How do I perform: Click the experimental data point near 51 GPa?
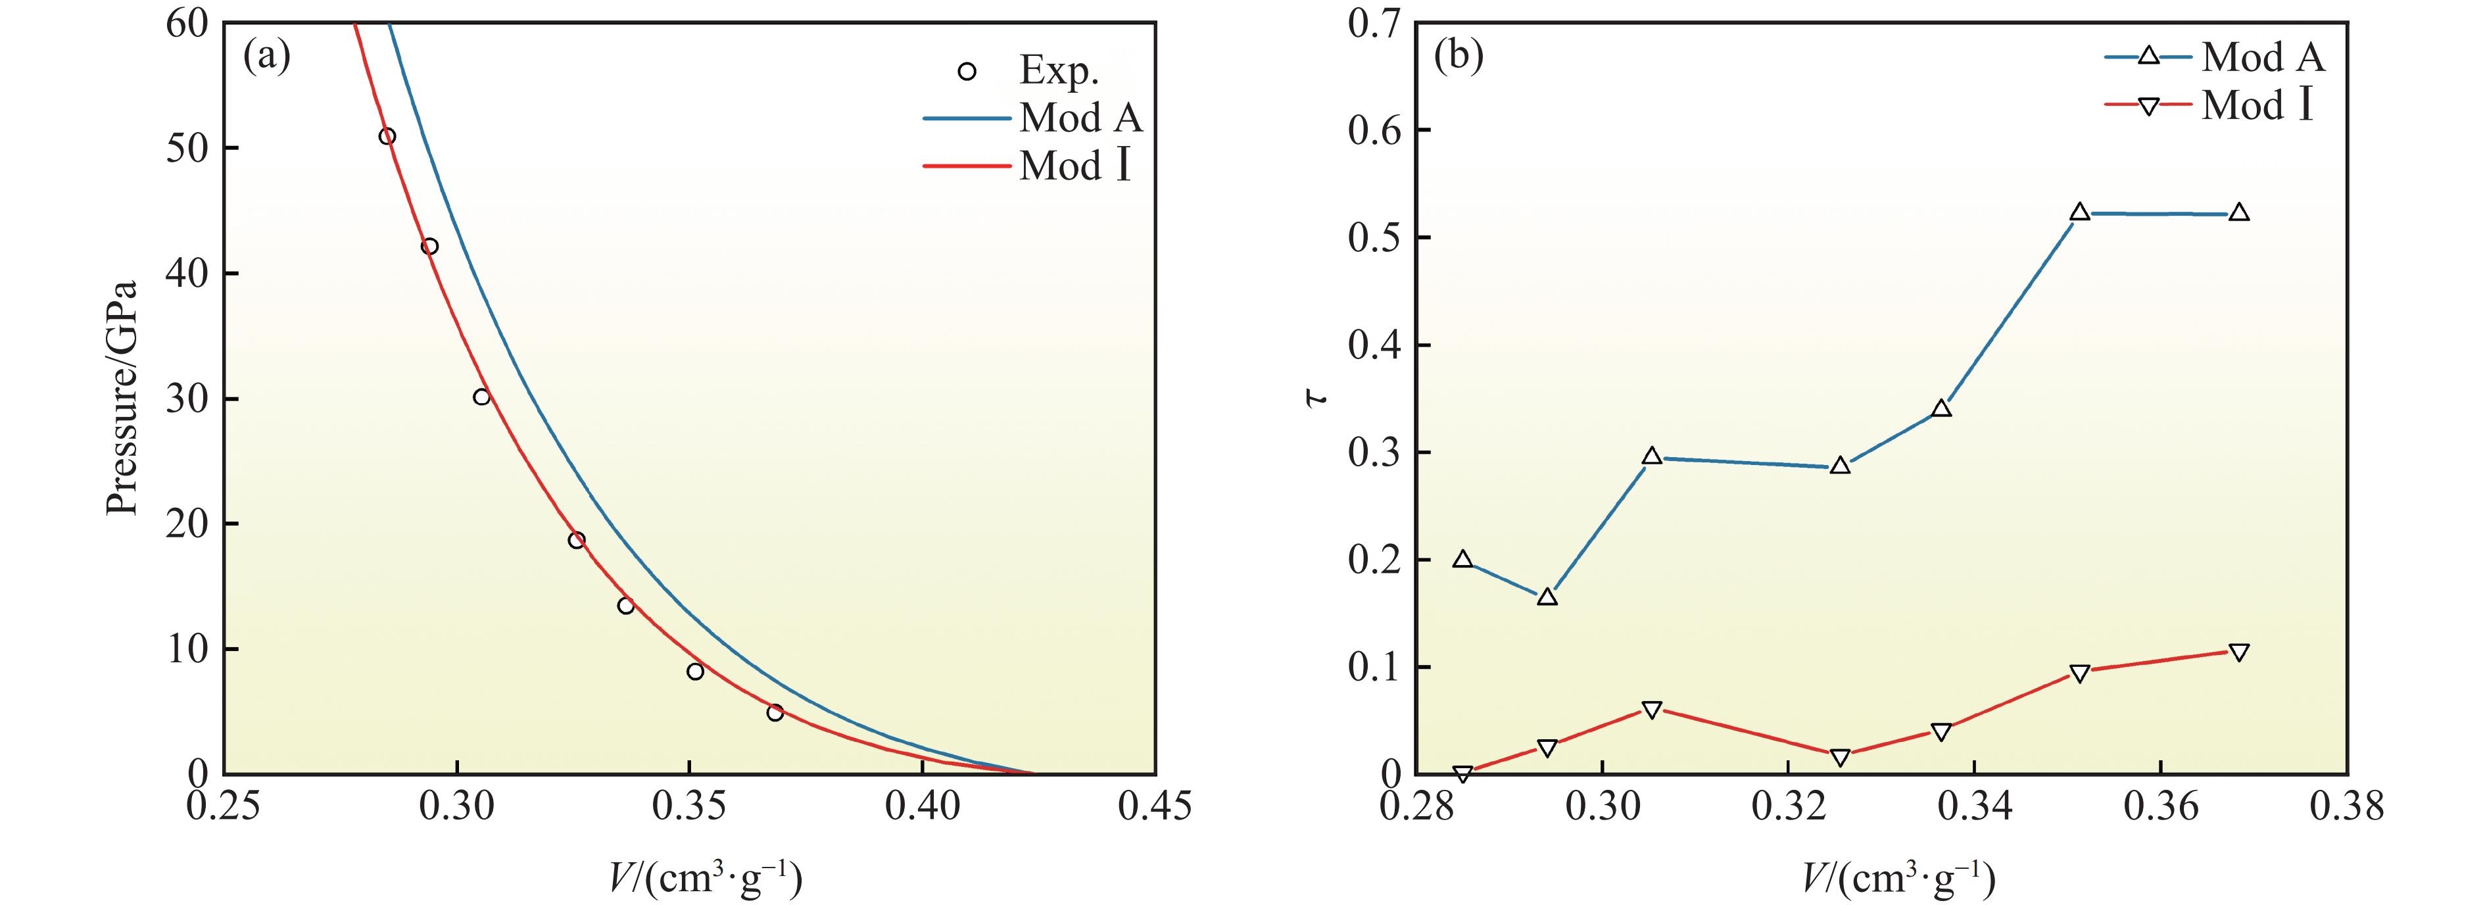(387, 136)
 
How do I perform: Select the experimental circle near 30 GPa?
(481, 397)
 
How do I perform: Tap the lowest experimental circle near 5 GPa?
(775, 713)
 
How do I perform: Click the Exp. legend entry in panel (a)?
(1058, 70)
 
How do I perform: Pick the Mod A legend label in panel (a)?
(1080, 118)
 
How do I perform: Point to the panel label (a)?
(266, 58)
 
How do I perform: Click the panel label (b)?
(1459, 58)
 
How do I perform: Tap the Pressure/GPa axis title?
(122, 397)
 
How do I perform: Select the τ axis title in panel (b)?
(1316, 397)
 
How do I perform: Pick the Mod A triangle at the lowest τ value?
(1547, 597)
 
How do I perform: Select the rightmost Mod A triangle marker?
(2239, 213)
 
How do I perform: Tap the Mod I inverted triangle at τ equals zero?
(1462, 773)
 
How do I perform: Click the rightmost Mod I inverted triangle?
(2239, 652)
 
